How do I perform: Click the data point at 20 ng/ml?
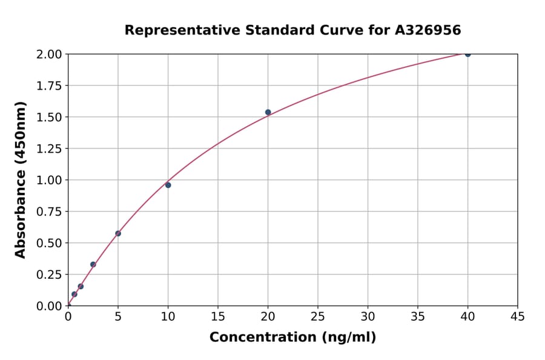click(x=268, y=112)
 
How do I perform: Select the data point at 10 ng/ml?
click(x=168, y=185)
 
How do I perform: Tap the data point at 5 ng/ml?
click(x=118, y=233)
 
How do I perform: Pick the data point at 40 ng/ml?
click(x=467, y=54)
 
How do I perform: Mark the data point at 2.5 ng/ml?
click(x=93, y=264)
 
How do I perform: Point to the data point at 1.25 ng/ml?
click(x=81, y=286)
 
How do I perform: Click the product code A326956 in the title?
click(x=429, y=30)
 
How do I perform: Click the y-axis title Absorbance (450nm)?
click(x=21, y=180)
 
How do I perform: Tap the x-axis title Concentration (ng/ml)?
click(x=292, y=338)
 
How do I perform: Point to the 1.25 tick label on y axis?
click(x=48, y=148)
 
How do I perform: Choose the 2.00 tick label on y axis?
click(x=48, y=54)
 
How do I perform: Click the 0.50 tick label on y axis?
click(x=48, y=243)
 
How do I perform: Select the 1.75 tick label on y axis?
click(x=48, y=85)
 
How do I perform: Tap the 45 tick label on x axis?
click(x=517, y=316)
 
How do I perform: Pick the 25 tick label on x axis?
click(x=318, y=316)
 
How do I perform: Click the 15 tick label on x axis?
click(x=218, y=316)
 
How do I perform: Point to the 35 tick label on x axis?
click(x=418, y=316)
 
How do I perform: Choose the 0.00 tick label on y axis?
click(x=48, y=306)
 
